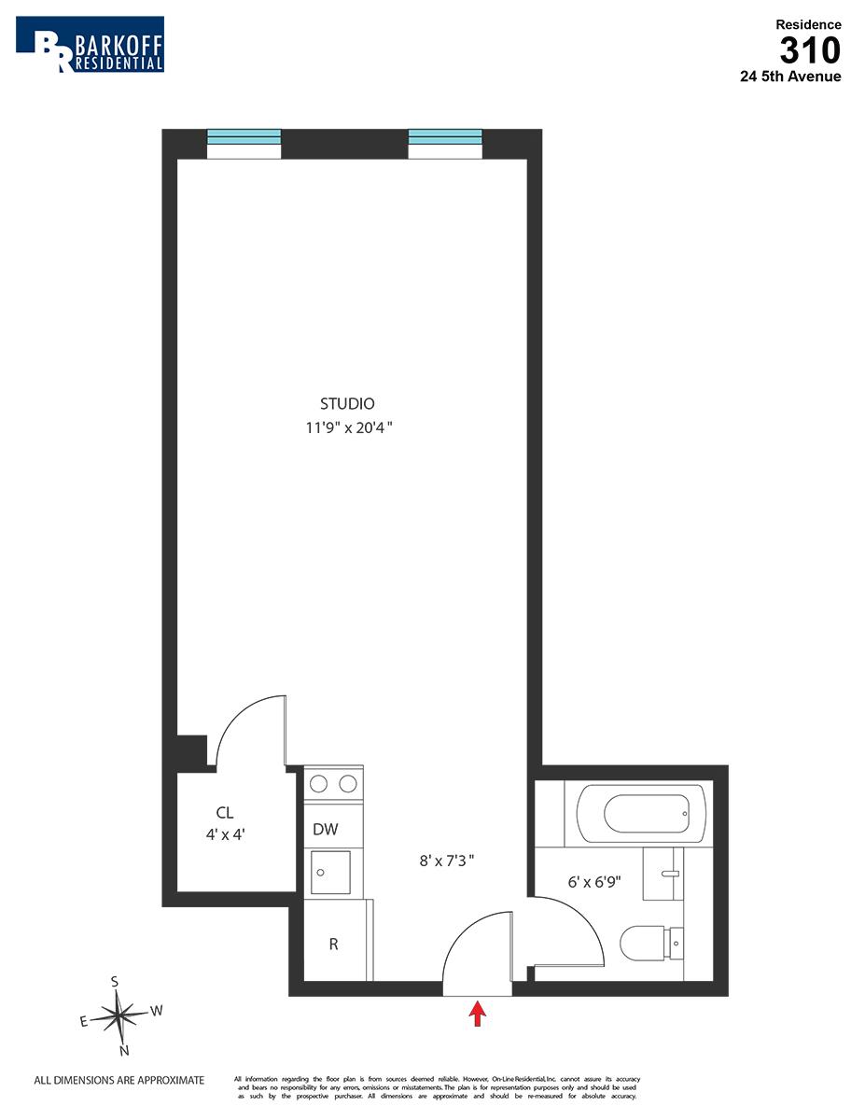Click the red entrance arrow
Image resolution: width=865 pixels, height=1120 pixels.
pos(478,1014)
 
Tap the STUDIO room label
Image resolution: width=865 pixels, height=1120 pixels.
pos(347,404)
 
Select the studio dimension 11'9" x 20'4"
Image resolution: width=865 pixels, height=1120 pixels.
pos(347,428)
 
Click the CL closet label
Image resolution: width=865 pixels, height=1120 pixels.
pos(224,813)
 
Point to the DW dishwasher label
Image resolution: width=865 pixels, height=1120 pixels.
pos(325,829)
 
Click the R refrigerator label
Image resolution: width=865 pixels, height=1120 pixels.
pos(333,944)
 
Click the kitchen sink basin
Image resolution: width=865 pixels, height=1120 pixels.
pos(330,872)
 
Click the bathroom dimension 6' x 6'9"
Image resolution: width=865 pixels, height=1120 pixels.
pos(594,880)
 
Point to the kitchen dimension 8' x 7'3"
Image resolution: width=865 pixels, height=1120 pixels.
pos(447,860)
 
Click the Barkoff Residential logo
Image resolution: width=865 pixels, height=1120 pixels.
pos(90,44)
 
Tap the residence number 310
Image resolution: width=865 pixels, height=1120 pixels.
pos(810,49)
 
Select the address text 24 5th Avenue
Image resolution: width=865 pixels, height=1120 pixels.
pos(790,77)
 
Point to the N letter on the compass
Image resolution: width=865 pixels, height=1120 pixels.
pos(123,1050)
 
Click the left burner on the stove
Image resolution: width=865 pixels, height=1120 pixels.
pos(319,784)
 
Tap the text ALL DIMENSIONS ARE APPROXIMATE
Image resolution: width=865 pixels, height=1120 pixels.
pos(119,1080)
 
